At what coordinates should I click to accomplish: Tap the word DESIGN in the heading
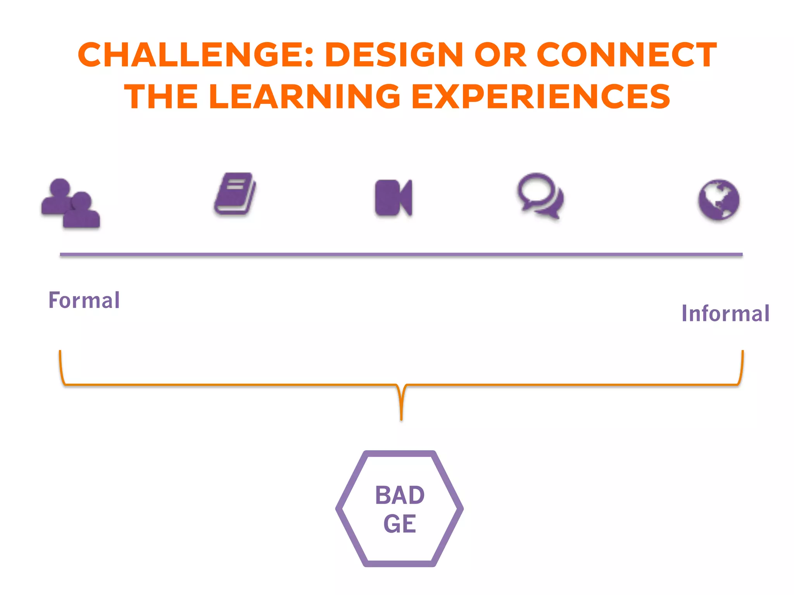point(394,55)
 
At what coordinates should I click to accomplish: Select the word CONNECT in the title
point(627,55)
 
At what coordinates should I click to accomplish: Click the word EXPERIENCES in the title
point(540,96)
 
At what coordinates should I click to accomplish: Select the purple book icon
point(235,194)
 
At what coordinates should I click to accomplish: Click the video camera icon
point(394,198)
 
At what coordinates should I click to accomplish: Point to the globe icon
point(719,200)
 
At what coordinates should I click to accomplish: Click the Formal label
point(84,300)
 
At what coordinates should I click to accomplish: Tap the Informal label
point(725,313)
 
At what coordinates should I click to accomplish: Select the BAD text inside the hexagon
point(400,495)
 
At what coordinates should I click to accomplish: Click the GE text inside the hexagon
point(400,524)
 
